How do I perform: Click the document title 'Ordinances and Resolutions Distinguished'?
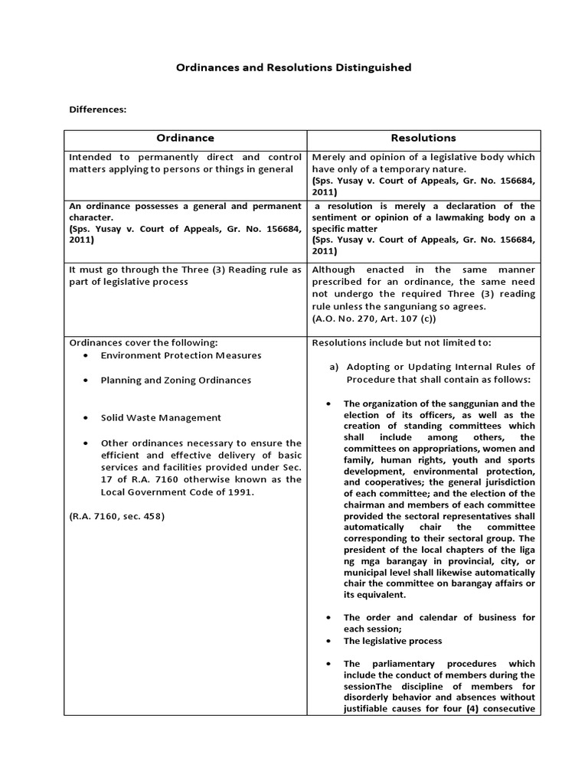coord(293,67)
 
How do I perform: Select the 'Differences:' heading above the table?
coord(97,109)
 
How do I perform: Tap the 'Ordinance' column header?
coord(185,138)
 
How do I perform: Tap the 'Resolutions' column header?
coord(423,138)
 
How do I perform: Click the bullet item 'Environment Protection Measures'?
coord(181,355)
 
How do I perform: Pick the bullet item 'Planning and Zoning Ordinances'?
coord(175,380)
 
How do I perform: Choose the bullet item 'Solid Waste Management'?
coord(161,417)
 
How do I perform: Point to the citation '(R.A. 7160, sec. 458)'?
coord(116,516)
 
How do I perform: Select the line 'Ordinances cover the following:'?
coord(143,342)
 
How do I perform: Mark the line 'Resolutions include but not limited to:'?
coord(401,342)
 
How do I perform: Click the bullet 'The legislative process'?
coord(392,641)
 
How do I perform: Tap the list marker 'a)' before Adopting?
coord(334,367)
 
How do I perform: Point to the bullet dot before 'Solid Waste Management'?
coord(86,418)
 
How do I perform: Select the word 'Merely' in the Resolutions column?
coord(329,157)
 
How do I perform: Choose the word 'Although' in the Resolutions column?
coord(334,269)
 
